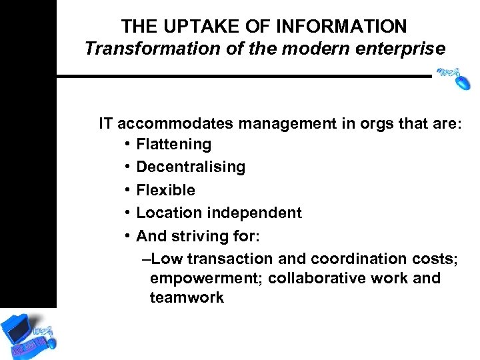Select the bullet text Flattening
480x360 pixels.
[173, 144]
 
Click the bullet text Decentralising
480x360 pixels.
[191, 167]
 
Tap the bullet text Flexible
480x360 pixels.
[165, 190]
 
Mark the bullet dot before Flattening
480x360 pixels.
[127, 145]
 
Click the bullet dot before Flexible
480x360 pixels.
[127, 191]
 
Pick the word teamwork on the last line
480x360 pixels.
[187, 297]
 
